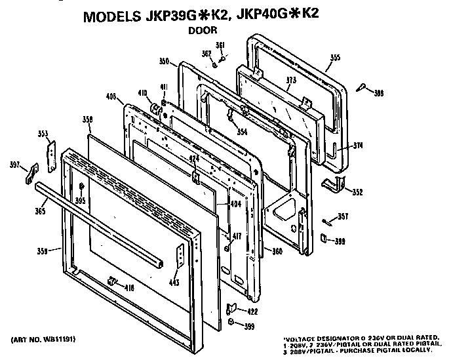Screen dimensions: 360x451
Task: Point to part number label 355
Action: pos(335,58)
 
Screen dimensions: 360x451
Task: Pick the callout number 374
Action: pos(358,146)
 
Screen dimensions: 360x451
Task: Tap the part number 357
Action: pos(343,216)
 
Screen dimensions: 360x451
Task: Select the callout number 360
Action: pos(278,251)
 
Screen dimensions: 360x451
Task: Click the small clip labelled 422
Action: pos(230,308)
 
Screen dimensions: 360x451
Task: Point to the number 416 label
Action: pos(130,287)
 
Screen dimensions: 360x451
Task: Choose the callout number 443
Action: pos(174,283)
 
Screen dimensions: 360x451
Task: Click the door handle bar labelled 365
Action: pos(98,223)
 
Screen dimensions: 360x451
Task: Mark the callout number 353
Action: pos(43,134)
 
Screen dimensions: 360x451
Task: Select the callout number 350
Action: pos(164,61)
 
